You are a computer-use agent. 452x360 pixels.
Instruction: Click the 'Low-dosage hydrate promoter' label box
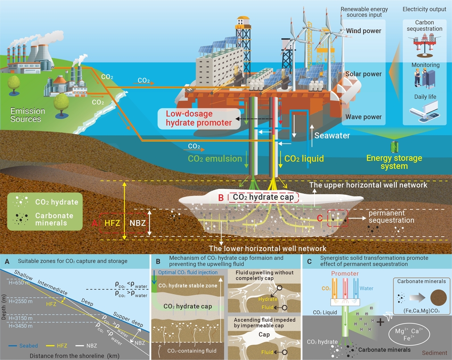click(x=199, y=118)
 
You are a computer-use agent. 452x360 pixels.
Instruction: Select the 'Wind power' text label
click(x=363, y=31)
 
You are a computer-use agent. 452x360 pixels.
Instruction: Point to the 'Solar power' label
click(x=363, y=74)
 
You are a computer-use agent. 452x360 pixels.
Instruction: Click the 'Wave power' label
click(x=363, y=117)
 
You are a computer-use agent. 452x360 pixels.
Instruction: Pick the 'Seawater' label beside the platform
click(x=332, y=135)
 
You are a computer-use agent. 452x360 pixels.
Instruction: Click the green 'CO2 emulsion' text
click(x=215, y=159)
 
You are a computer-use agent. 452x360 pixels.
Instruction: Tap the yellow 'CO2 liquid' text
click(x=304, y=159)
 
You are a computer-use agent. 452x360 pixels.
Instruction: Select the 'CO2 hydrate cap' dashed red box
click(x=263, y=197)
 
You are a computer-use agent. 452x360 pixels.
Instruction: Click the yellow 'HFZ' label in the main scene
click(x=112, y=223)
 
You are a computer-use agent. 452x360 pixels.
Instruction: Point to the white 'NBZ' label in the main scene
click(x=137, y=223)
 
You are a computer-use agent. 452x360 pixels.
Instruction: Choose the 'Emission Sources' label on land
click(x=28, y=115)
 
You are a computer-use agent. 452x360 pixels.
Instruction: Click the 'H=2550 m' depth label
click(x=21, y=301)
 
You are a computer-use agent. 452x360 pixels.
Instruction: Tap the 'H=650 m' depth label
click(x=19, y=283)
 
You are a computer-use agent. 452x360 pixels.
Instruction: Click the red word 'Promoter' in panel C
click(x=345, y=274)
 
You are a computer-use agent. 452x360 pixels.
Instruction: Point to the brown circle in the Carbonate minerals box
click(x=439, y=297)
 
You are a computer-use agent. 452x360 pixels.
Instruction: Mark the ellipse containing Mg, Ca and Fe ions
click(x=409, y=334)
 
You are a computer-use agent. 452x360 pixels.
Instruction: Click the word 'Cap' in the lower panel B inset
click(x=264, y=334)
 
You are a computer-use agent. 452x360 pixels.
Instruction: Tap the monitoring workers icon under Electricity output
click(x=425, y=78)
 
